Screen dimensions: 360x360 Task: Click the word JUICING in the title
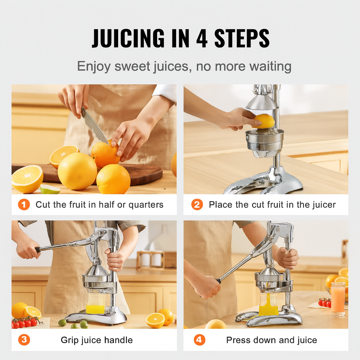(x=128, y=38)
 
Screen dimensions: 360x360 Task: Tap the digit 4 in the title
(x=202, y=38)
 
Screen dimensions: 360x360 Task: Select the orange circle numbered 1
(x=24, y=204)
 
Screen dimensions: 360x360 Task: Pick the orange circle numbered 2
(x=197, y=204)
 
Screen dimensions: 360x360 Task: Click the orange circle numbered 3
(x=24, y=340)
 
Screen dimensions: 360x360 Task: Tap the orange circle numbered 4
(x=199, y=340)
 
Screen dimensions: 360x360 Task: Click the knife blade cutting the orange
(x=94, y=126)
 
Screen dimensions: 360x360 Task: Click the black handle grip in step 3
(x=38, y=250)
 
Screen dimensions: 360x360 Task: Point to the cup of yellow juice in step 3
(x=96, y=303)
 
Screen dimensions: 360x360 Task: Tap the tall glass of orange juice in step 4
(x=338, y=300)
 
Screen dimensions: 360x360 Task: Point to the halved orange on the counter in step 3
(x=155, y=320)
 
